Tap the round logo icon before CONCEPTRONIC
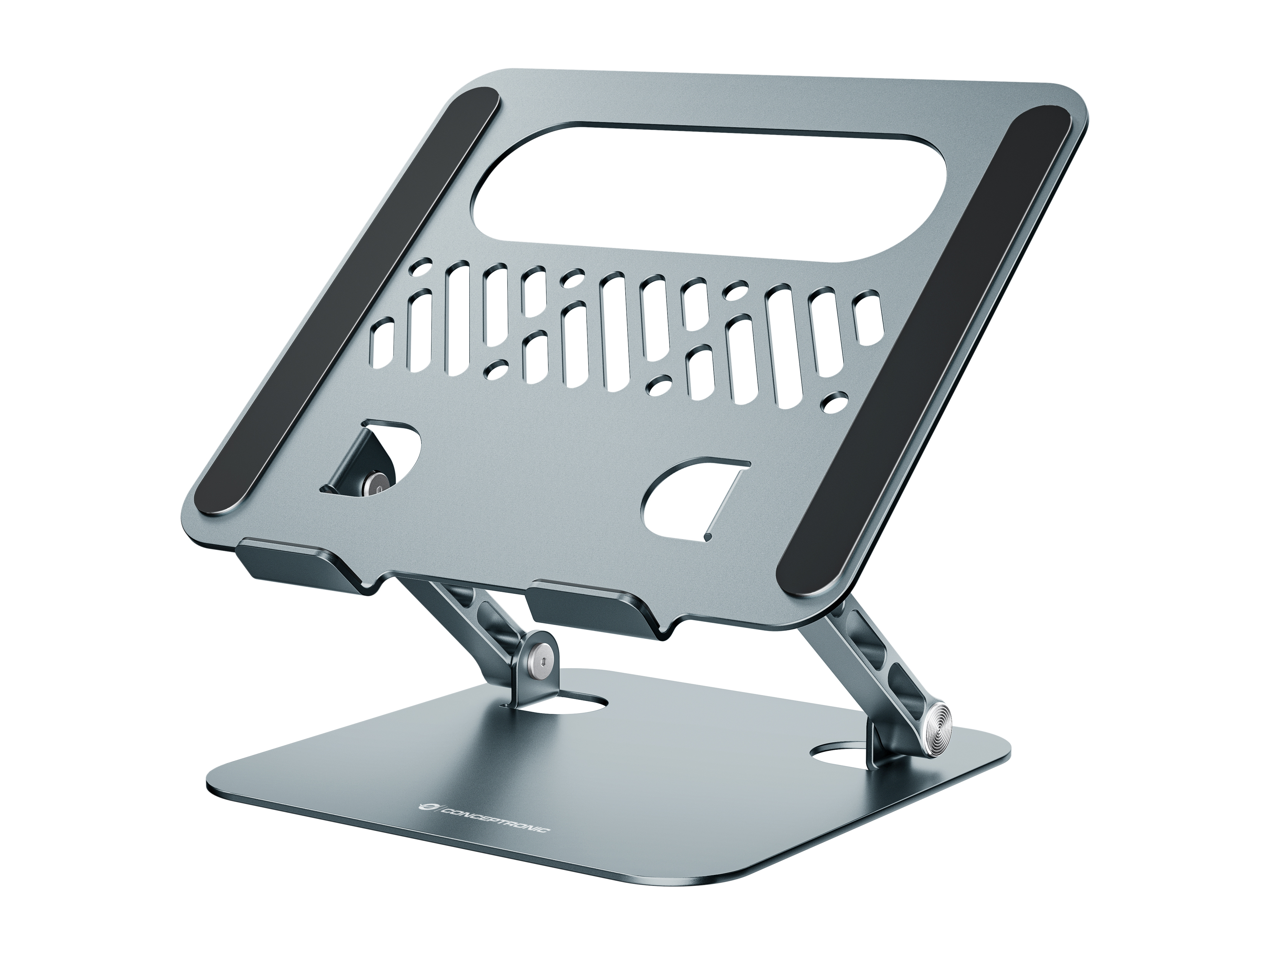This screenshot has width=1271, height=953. (x=425, y=807)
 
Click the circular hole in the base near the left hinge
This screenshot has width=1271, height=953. (x=566, y=704)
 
